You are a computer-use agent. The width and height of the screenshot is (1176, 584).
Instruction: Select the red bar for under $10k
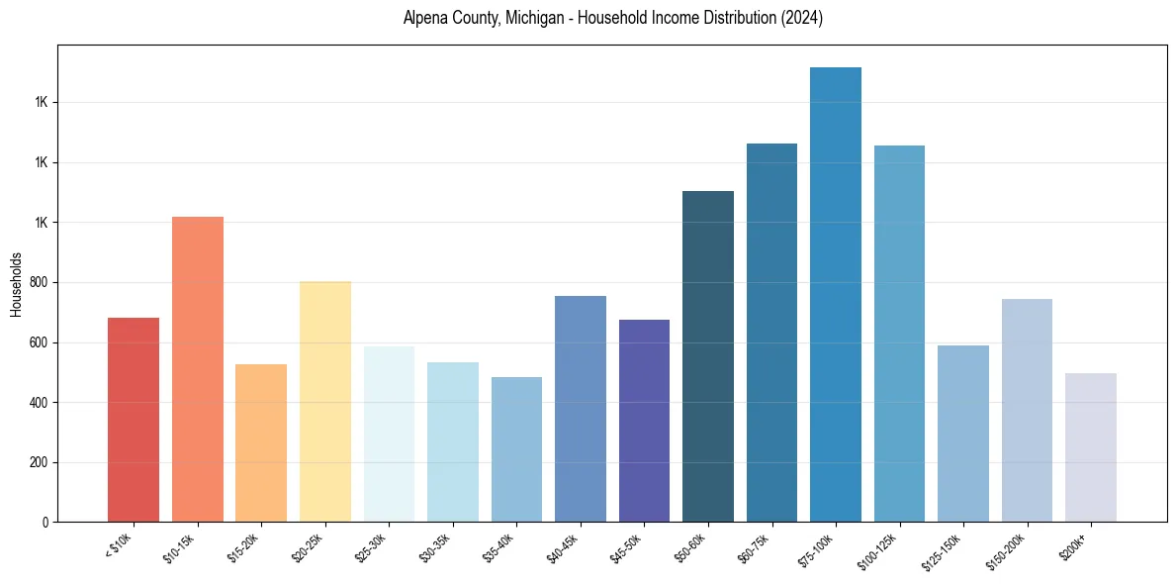(x=134, y=420)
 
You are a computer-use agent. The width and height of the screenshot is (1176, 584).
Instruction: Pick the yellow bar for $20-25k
(x=325, y=402)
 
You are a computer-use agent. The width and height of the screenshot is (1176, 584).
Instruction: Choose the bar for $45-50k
(x=644, y=421)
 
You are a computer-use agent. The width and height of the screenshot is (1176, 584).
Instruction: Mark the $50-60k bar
(x=708, y=356)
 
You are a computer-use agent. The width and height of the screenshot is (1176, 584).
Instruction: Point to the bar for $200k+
(x=1091, y=447)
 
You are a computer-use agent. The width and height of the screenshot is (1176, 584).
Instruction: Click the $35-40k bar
(x=516, y=449)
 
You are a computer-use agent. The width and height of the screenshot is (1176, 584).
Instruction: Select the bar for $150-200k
(x=1027, y=411)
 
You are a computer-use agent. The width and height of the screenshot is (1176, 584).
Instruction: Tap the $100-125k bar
(x=899, y=334)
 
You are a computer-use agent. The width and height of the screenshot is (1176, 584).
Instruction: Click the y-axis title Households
(x=16, y=283)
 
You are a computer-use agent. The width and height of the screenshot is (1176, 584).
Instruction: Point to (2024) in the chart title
(x=801, y=18)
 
